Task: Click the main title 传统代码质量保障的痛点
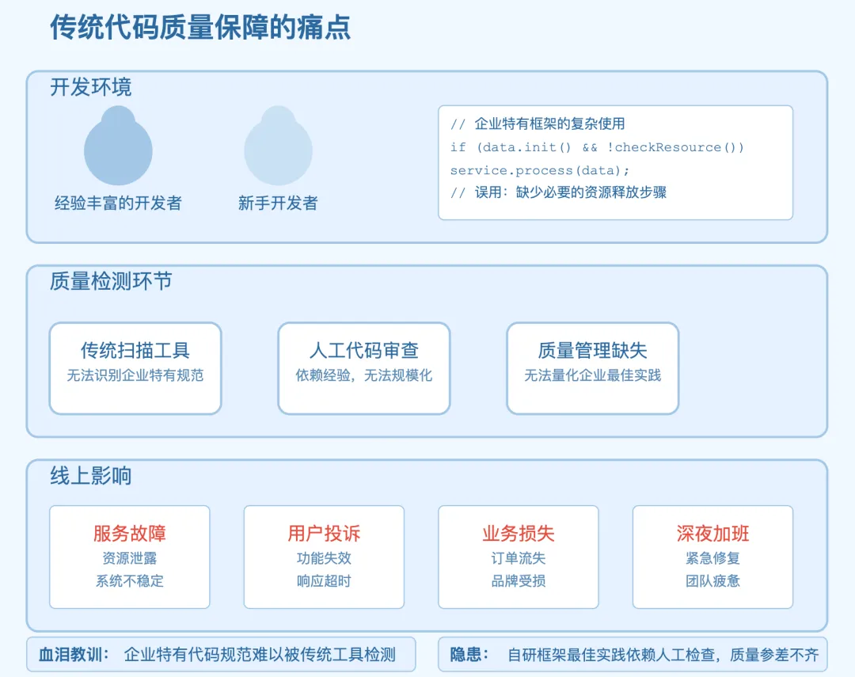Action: (x=200, y=27)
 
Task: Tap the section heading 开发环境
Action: (x=91, y=87)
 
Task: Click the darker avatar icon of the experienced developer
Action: (x=118, y=146)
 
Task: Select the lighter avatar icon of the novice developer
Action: (x=278, y=146)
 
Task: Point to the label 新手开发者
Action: (x=278, y=203)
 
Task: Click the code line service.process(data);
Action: (x=540, y=170)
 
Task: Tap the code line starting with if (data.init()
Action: (x=597, y=147)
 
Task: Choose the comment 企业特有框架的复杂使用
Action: (x=549, y=124)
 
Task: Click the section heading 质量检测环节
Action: (x=111, y=282)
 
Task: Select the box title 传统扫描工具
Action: (x=135, y=350)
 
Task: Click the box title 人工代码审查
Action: (x=364, y=350)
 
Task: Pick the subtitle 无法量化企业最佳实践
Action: (x=593, y=375)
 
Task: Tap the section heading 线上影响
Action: (x=91, y=476)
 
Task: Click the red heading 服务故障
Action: (x=130, y=533)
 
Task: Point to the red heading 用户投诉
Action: (x=324, y=533)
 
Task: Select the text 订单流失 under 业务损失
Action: (x=519, y=558)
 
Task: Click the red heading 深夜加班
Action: (x=712, y=533)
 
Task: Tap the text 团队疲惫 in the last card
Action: (x=712, y=581)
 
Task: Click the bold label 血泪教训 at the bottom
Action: (x=70, y=654)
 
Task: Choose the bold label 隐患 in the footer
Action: (x=465, y=654)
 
